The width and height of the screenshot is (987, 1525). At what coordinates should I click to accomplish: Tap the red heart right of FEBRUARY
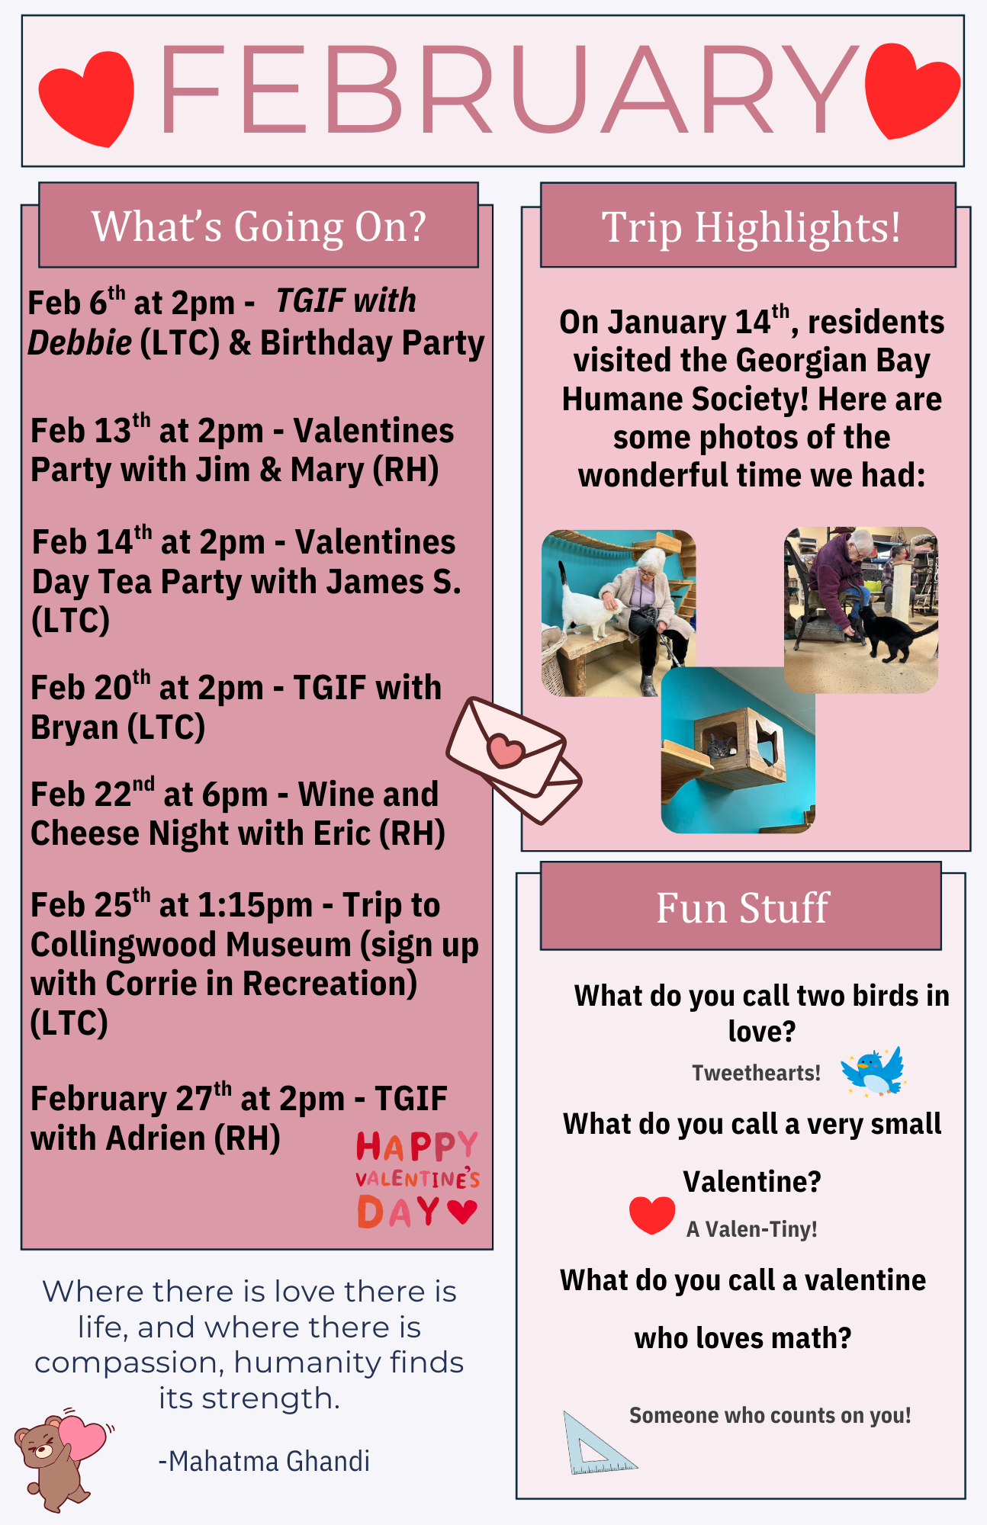coord(912,91)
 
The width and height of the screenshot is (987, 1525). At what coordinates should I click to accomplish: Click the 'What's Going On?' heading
coord(259,226)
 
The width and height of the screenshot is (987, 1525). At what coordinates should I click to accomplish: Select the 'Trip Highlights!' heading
coord(751,227)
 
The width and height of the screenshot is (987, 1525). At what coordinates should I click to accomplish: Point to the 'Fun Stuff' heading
coord(742,907)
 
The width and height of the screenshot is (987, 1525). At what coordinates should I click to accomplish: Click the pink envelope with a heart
coord(514,760)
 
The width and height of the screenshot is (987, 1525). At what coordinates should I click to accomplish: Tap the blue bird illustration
coord(873,1071)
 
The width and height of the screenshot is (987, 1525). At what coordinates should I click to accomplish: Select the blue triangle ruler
coord(598,1443)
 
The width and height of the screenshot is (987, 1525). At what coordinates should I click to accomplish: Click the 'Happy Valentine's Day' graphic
coord(417,1179)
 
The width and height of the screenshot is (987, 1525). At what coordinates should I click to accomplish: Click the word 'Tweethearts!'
coord(756,1073)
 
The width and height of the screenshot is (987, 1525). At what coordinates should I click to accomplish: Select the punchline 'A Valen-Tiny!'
coord(752,1229)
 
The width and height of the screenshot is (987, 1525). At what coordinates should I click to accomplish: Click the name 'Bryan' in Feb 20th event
coord(74,727)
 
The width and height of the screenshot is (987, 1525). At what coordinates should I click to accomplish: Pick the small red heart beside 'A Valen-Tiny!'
coord(652,1215)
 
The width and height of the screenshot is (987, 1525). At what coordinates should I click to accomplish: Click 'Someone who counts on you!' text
coord(770,1415)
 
